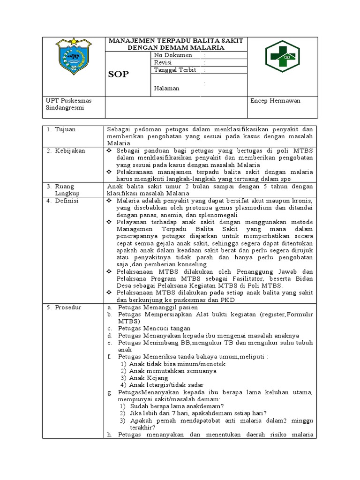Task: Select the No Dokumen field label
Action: (173, 55)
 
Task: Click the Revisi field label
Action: (163, 62)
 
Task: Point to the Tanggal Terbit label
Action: (175, 70)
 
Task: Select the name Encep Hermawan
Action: (276, 101)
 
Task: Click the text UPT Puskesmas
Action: (68, 101)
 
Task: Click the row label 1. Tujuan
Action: (61, 129)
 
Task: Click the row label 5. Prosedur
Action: (64, 307)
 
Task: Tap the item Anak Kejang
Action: (149, 378)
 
